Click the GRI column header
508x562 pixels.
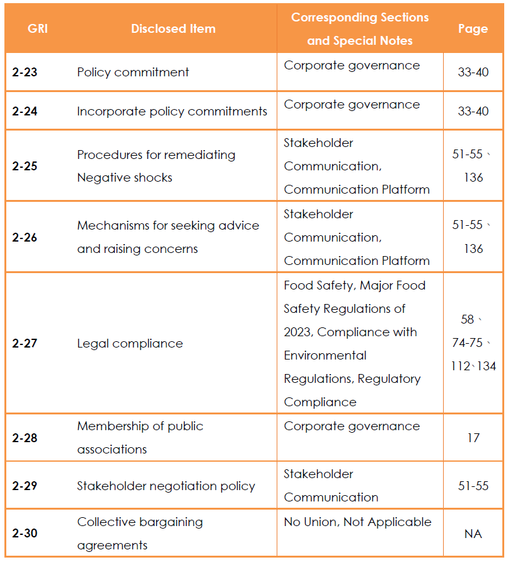coord(38,28)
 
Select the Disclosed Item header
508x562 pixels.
coord(173,28)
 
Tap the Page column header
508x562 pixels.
coord(473,29)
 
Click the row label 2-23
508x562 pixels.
coord(25,72)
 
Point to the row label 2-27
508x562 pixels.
coord(25,343)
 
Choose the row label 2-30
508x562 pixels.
coord(25,533)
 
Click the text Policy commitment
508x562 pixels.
coord(133,73)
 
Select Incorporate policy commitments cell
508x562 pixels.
coord(172,112)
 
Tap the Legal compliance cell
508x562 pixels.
coord(130,344)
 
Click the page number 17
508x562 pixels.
coord(473,438)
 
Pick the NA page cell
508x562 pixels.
coord(473,534)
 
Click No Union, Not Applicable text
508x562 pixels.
coord(357,522)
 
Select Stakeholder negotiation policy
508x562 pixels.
coord(166,486)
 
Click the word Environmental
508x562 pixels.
coord(325,356)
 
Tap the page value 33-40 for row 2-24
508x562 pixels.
coord(473,111)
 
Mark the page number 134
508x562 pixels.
coord(487,366)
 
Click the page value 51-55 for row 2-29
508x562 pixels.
coord(473,486)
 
